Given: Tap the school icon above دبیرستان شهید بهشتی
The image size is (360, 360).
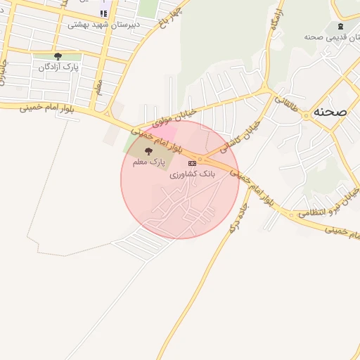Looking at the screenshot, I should pos(103,13).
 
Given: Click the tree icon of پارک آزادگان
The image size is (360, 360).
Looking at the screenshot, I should pos(58,56).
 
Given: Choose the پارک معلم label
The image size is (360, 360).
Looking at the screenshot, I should pos(148,161).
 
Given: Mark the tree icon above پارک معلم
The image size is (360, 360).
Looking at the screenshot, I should pos(148,151).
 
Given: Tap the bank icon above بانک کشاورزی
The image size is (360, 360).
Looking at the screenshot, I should pos(192,163).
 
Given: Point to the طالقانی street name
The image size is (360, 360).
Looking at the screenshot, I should pos(285,105).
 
